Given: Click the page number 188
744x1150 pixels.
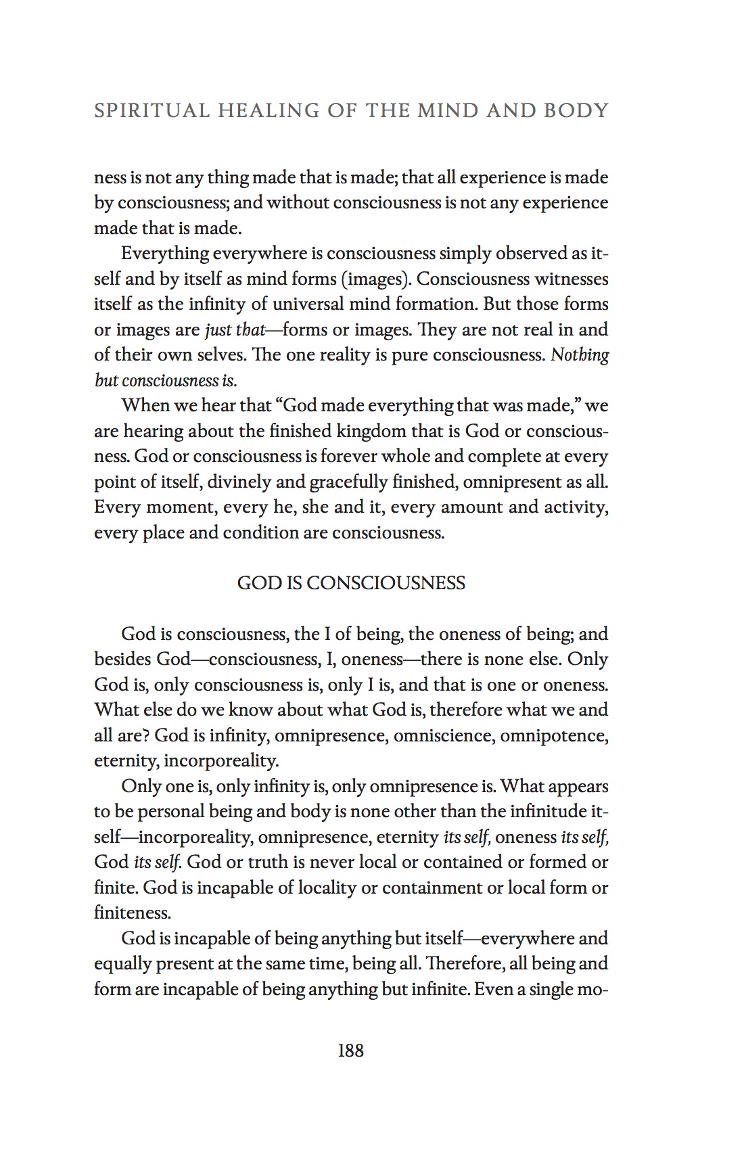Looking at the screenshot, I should (x=350, y=1051).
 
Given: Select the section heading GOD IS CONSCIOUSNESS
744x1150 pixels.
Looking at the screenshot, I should (x=351, y=583).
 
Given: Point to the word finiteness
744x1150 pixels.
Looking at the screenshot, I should (x=132, y=913).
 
